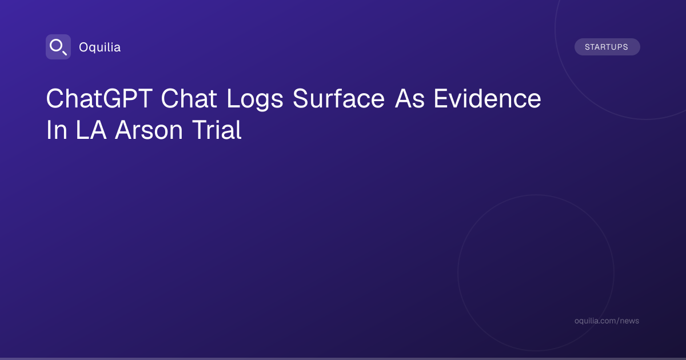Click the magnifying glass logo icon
tap(58, 47)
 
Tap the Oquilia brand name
tap(100, 47)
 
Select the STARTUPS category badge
tap(607, 47)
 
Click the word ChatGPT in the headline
tap(99, 98)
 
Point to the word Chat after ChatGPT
tap(189, 98)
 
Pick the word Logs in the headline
tap(255, 100)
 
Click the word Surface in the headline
tap(338, 98)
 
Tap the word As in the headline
tap(410, 98)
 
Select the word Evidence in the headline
tap(488, 98)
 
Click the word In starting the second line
tap(57, 130)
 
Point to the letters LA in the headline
tap(91, 130)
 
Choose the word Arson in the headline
tap(149, 130)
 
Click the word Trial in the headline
tap(217, 130)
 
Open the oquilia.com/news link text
tap(607, 321)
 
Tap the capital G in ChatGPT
tap(113, 98)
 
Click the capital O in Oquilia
tap(84, 47)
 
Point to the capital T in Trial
tap(201, 130)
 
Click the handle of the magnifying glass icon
tap(65, 53)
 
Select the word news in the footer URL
tap(631, 321)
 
